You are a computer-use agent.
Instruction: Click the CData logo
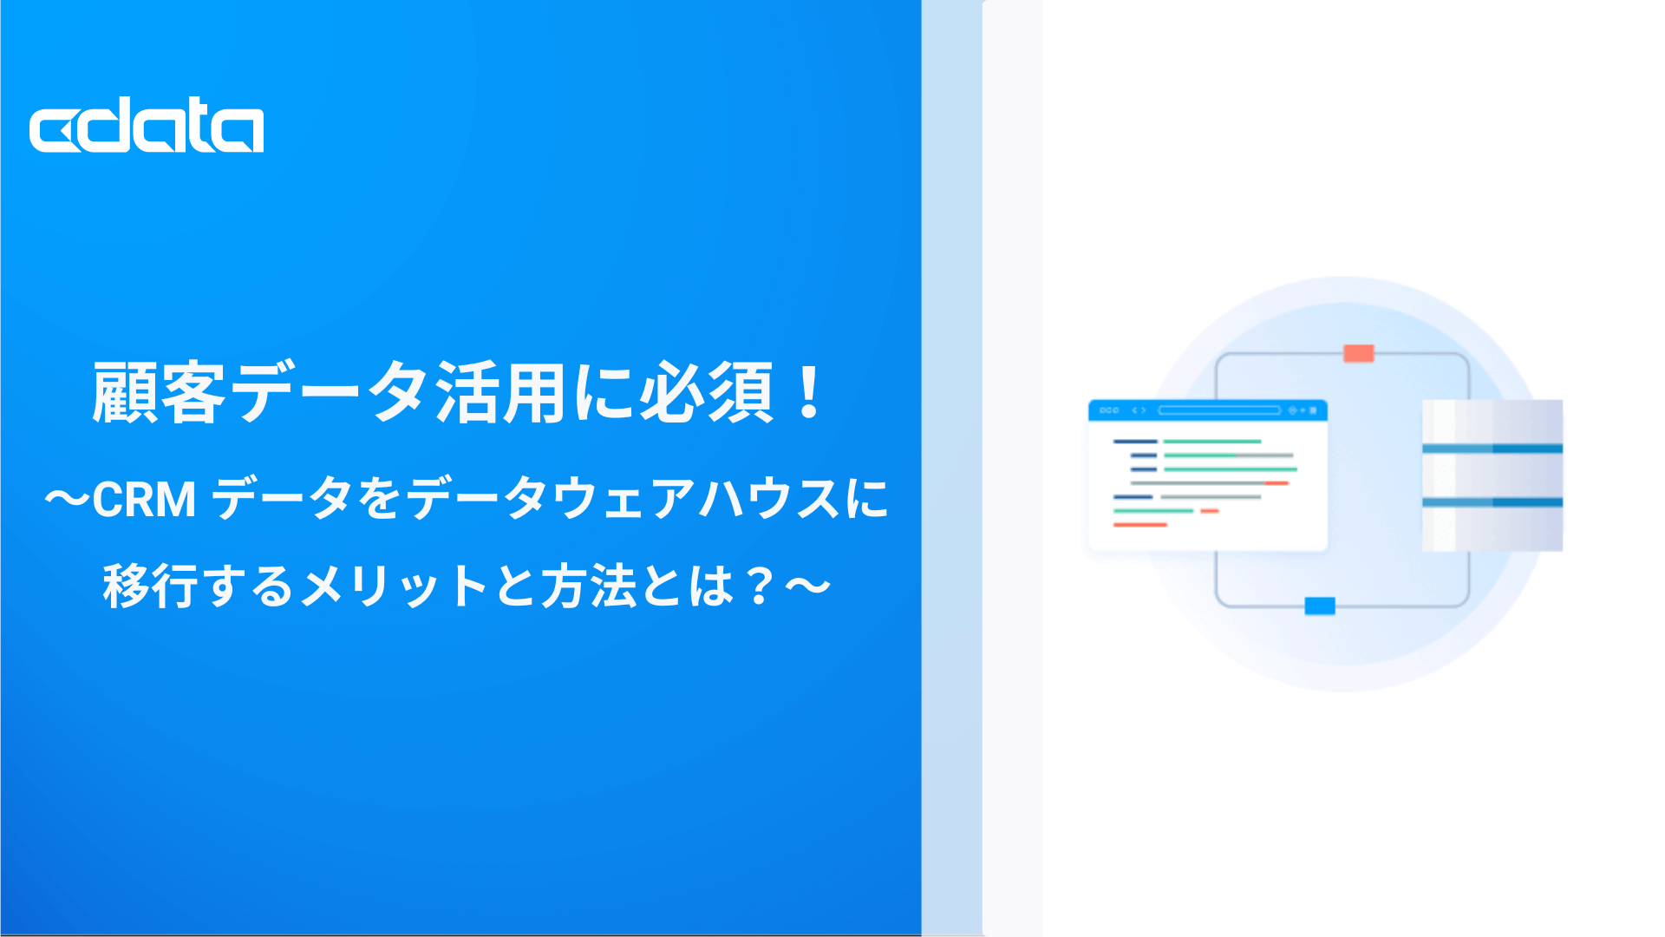[147, 125]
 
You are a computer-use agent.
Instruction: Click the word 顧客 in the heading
[160, 393]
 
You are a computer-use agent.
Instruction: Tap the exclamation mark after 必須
[810, 392]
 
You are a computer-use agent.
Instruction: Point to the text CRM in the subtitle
[144, 500]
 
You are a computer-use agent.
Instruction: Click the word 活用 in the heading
[501, 393]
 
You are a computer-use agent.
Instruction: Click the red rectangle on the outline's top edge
[1359, 353]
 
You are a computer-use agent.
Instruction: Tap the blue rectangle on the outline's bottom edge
[1320, 606]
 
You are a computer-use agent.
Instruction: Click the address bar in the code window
[1219, 410]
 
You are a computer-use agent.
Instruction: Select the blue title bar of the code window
[1208, 410]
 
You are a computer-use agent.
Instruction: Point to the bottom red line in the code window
[1140, 525]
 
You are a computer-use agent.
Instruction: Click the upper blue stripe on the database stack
[1492, 449]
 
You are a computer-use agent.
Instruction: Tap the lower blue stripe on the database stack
[1492, 502]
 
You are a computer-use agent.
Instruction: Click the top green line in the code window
[1212, 442]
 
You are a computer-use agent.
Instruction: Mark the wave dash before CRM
[67, 500]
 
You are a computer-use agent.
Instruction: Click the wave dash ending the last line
[808, 586]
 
